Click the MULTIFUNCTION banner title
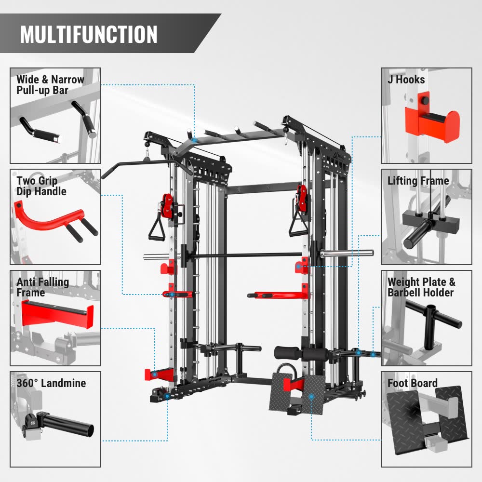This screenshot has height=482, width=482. pyautogui.click(x=89, y=34)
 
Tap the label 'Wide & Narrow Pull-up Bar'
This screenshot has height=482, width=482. pyautogui.click(x=50, y=85)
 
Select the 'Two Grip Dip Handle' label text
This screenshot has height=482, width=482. pyautogui.click(x=41, y=186)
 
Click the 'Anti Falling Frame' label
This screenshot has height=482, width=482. pyautogui.click(x=42, y=287)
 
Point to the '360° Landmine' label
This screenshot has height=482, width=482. pyautogui.click(x=51, y=383)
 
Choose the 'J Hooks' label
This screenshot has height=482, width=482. pyautogui.click(x=406, y=80)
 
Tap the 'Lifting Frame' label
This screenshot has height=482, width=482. pyautogui.click(x=418, y=181)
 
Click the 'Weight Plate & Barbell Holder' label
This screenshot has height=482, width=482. pyautogui.click(x=421, y=287)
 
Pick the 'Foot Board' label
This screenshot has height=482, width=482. pyautogui.click(x=413, y=383)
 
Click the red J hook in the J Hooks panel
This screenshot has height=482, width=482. pyautogui.click(x=432, y=121)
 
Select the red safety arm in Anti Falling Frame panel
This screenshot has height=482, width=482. pyautogui.click(x=57, y=314)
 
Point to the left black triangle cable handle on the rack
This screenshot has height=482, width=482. pyautogui.click(x=157, y=226)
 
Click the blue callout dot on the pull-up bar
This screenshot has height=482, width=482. pyautogui.click(x=194, y=140)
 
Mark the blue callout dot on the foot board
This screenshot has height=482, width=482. pyautogui.click(x=311, y=397)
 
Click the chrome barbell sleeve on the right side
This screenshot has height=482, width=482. pyautogui.click(x=347, y=254)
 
